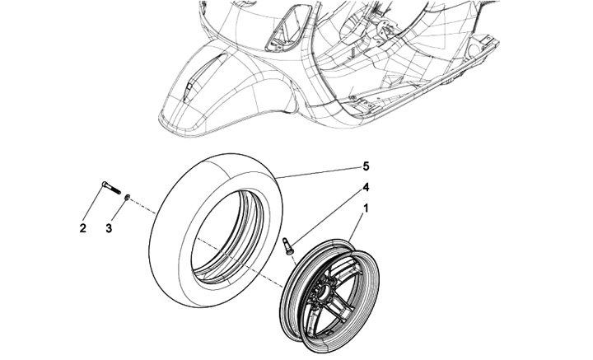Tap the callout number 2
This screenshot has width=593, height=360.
point(83,228)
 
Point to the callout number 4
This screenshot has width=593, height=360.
point(365,188)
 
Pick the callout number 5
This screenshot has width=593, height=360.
point(365,166)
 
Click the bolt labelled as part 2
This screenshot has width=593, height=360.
point(111,189)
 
